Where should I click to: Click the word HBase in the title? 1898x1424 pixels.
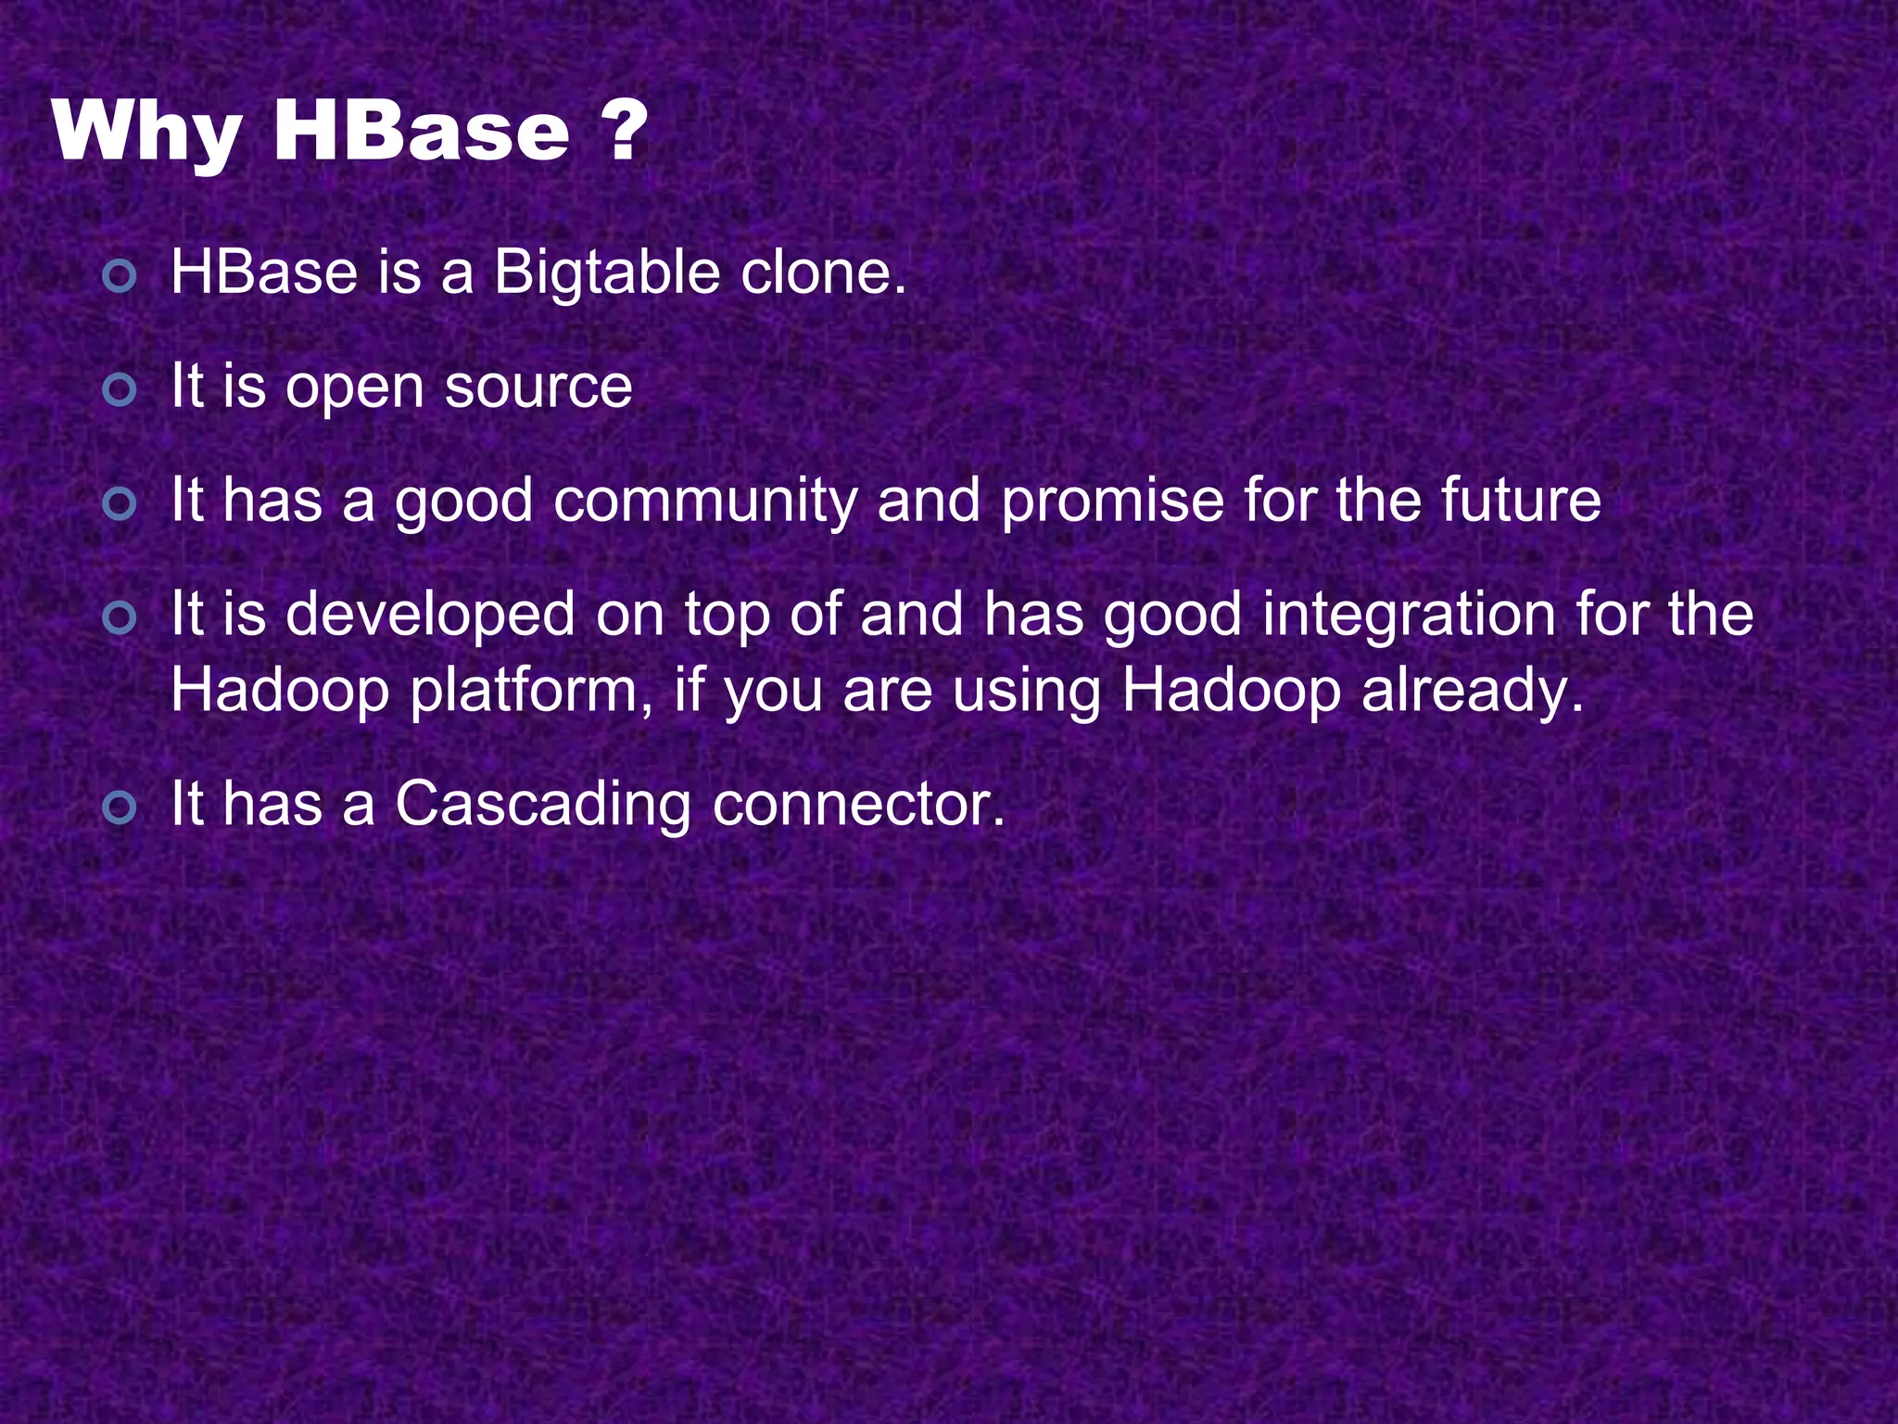click(422, 133)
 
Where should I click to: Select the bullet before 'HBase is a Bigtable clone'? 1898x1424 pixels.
click(120, 276)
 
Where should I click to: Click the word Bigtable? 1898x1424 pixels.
click(606, 274)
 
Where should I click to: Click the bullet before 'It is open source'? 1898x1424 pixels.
click(120, 390)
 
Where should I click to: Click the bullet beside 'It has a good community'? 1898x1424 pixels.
click(120, 504)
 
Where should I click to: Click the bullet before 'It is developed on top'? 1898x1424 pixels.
click(120, 617)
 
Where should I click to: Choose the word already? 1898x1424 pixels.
click(1473, 693)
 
